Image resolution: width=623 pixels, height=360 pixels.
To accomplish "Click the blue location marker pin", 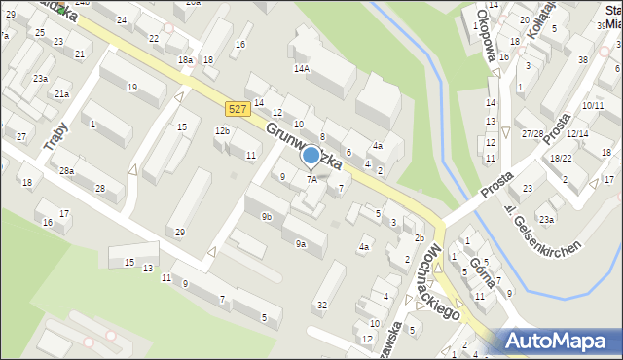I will tap(311, 156).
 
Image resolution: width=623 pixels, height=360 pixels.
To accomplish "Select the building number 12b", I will tap(222, 131).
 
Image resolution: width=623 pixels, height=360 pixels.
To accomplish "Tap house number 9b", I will tap(267, 217).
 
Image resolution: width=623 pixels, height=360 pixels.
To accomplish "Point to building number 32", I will tap(322, 306).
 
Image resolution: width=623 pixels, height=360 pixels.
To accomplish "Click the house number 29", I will tap(179, 232).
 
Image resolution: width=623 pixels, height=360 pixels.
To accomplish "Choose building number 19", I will tap(132, 88).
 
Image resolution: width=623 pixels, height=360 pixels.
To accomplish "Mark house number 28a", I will tap(66, 171).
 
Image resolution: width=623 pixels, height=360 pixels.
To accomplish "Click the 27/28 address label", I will tap(531, 134).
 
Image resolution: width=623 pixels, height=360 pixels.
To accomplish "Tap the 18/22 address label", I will tap(561, 158).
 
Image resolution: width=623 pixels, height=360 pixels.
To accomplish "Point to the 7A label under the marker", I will tap(311, 179).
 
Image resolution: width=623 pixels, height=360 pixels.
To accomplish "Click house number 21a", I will tap(61, 94).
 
